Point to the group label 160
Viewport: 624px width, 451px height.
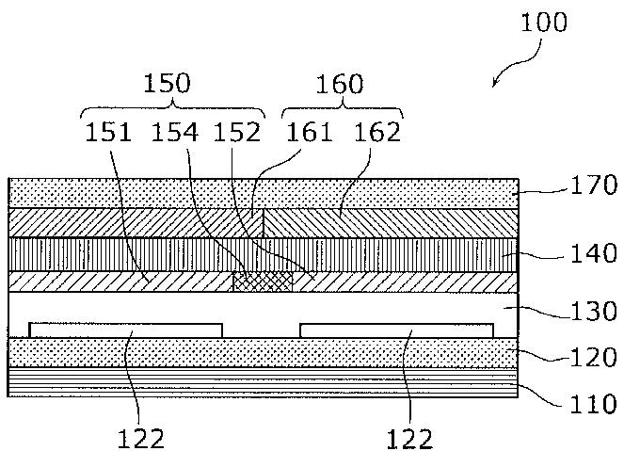point(339,84)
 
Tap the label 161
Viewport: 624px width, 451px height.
point(310,132)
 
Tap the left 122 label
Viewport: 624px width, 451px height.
point(141,439)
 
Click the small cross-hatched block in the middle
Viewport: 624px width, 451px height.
point(263,282)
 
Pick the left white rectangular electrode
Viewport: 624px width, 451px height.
point(126,330)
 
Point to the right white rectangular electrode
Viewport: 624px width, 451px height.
point(396,330)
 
